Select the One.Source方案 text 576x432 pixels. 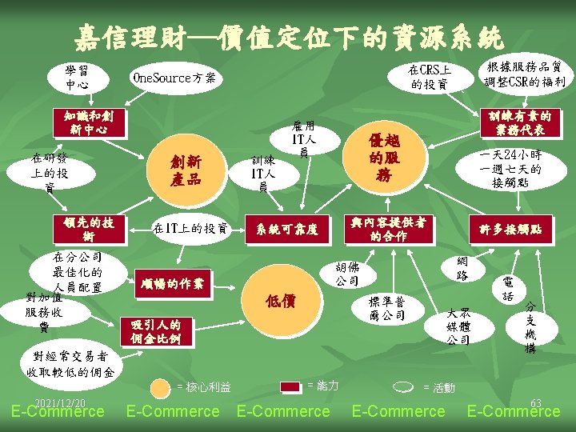coord(174,78)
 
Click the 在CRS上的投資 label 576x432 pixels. coord(430,77)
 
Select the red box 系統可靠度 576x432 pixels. coord(287,230)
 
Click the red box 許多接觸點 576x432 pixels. coord(515,230)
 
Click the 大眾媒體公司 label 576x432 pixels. coord(458,326)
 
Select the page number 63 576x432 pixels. coord(535,402)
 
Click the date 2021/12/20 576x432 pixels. coord(60,402)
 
